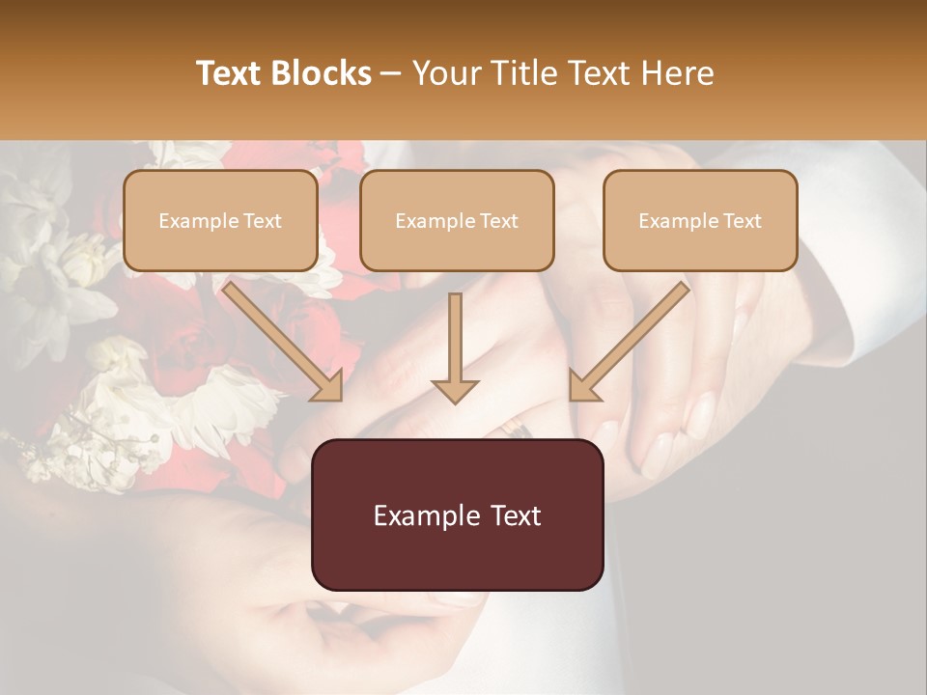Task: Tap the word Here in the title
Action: click(677, 73)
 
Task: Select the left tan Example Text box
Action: click(220, 220)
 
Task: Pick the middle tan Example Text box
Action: click(457, 220)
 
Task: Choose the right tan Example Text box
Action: click(700, 220)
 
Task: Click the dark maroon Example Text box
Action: click(457, 514)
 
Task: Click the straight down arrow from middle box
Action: click(455, 347)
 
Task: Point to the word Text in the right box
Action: click(741, 221)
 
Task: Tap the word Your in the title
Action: click(443, 73)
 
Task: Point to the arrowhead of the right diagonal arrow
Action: click(585, 385)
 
